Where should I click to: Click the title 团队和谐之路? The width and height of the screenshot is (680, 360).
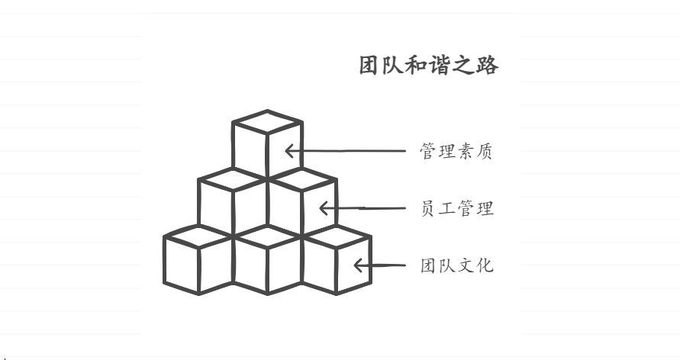coord(428,66)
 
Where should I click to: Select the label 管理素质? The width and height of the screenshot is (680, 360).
coord(456,152)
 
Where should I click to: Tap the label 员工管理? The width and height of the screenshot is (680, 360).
coord(456,208)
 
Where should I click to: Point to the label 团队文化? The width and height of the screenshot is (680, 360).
coord(456,265)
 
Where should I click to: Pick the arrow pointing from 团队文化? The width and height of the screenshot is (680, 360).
coord(379,265)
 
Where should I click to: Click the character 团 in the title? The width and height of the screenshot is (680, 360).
coord(370,66)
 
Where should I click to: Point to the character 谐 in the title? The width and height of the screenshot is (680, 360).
coord(440,66)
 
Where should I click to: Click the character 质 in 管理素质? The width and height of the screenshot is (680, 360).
coord(484,152)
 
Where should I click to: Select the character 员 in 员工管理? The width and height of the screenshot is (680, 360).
coord(429,208)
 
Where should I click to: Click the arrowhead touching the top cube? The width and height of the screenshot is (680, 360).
coord(290,151)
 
